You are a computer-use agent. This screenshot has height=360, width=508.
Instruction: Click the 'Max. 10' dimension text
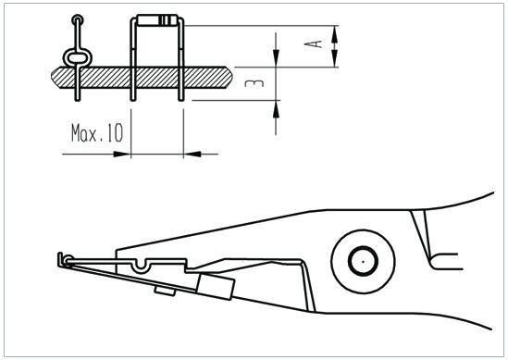pos(97,133)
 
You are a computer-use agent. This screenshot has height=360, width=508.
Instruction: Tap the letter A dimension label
pos(314,43)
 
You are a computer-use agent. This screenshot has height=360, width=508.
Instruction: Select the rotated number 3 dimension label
pos(254,83)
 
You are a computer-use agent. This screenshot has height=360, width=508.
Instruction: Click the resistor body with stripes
pos(157,20)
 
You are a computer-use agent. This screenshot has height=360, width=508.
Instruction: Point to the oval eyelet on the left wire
pos(78,58)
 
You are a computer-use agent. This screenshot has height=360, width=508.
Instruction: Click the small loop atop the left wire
pos(78,19)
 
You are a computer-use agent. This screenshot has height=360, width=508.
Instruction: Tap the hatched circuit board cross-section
pos(142,78)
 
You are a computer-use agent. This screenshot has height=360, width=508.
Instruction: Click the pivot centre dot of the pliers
pos(363,262)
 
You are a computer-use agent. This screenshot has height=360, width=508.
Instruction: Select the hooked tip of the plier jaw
pos(61,260)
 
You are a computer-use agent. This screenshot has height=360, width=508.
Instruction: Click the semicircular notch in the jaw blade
pos(142,266)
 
